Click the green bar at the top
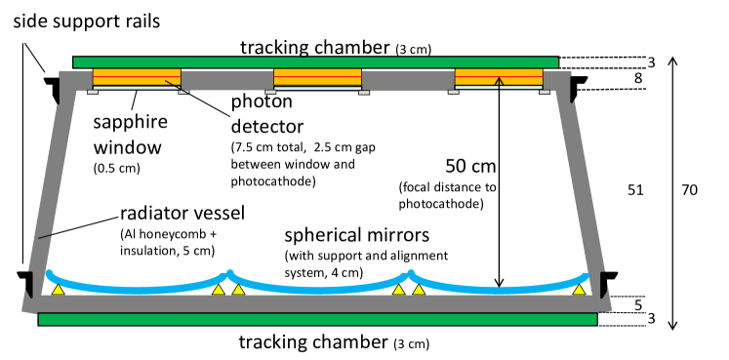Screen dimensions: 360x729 tap(315, 62)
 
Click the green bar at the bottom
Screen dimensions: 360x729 tap(317, 319)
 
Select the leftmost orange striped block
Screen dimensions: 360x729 tap(137, 77)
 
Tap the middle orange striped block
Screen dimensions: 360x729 tap(317, 77)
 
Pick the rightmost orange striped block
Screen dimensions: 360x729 tap(499, 77)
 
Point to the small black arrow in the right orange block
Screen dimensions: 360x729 tap(499, 83)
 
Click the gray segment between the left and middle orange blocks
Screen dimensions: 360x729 tap(226, 80)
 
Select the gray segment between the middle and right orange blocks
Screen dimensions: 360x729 tap(407, 80)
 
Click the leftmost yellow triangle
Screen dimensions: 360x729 tap(59, 290)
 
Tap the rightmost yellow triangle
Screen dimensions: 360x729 tap(579, 290)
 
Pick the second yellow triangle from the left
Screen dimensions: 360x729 tap(219, 290)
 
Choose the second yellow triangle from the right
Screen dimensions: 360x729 tap(419, 290)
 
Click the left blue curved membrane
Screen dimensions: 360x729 tap(137, 289)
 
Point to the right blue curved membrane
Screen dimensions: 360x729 tap(499, 289)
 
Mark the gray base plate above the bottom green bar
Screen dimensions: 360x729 tap(317, 303)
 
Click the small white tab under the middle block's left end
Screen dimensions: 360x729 tap(270, 92)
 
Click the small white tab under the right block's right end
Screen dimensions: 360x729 tap(545, 92)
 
